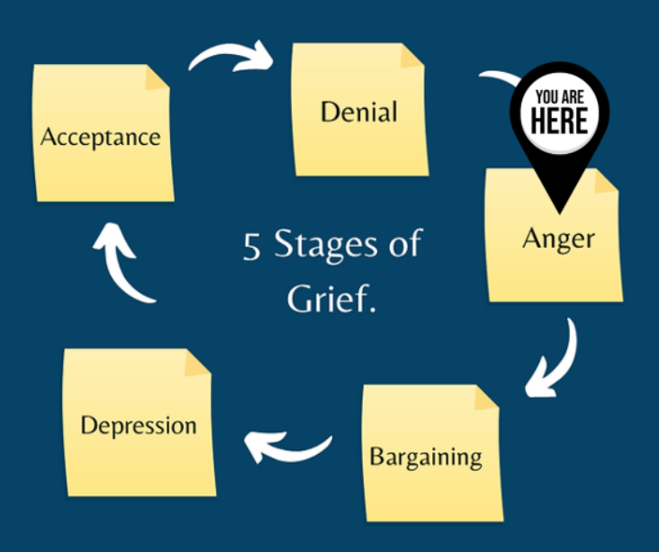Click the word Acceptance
click(x=100, y=138)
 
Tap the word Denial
click(x=358, y=113)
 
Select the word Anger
click(x=558, y=240)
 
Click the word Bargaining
click(x=426, y=456)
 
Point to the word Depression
click(x=138, y=425)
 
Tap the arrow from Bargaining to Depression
click(x=288, y=443)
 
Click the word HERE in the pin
click(x=559, y=121)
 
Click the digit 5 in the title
click(x=251, y=246)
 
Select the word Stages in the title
click(x=322, y=246)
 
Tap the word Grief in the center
click(x=329, y=298)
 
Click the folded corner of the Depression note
click(x=197, y=363)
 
